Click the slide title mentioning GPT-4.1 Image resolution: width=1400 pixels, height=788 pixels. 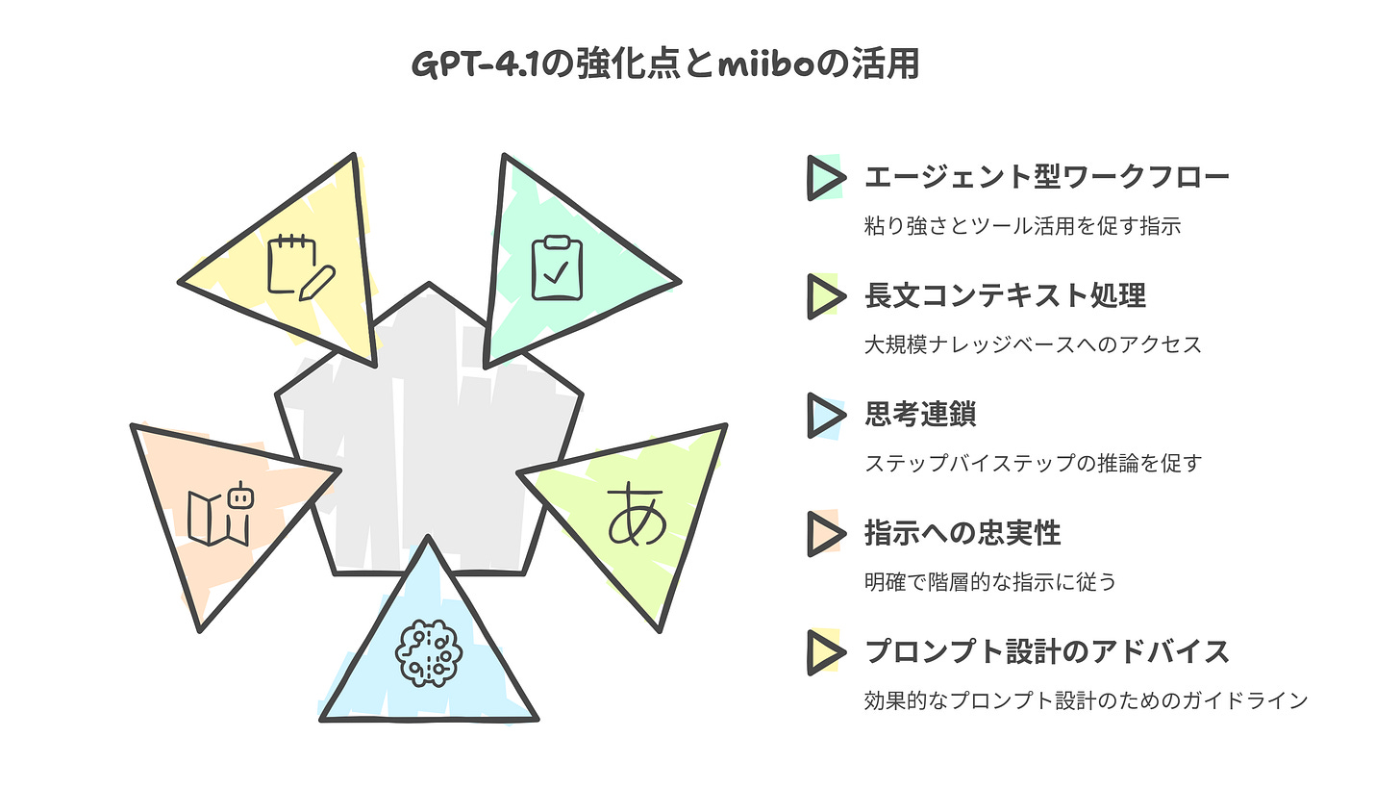[x=664, y=64]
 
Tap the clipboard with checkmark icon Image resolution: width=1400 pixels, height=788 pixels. [x=557, y=268]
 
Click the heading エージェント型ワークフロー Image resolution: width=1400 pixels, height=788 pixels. [x=1046, y=177]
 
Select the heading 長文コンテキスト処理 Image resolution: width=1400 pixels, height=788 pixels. [x=1005, y=295]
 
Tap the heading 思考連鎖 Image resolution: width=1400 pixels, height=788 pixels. [x=920, y=414]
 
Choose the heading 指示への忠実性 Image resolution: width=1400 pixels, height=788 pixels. [x=962, y=532]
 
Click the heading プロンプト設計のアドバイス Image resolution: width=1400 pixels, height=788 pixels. [x=1046, y=651]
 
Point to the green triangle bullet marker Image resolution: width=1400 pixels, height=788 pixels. [x=824, y=177]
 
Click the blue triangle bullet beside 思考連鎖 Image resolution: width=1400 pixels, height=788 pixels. [x=824, y=414]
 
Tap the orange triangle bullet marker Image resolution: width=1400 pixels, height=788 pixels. [x=824, y=533]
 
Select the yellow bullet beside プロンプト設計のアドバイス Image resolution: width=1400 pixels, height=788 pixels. [x=824, y=651]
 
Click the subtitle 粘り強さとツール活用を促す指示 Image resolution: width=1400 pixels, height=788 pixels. [x=1022, y=226]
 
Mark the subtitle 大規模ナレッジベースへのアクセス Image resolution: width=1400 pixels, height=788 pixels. [x=1033, y=344]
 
